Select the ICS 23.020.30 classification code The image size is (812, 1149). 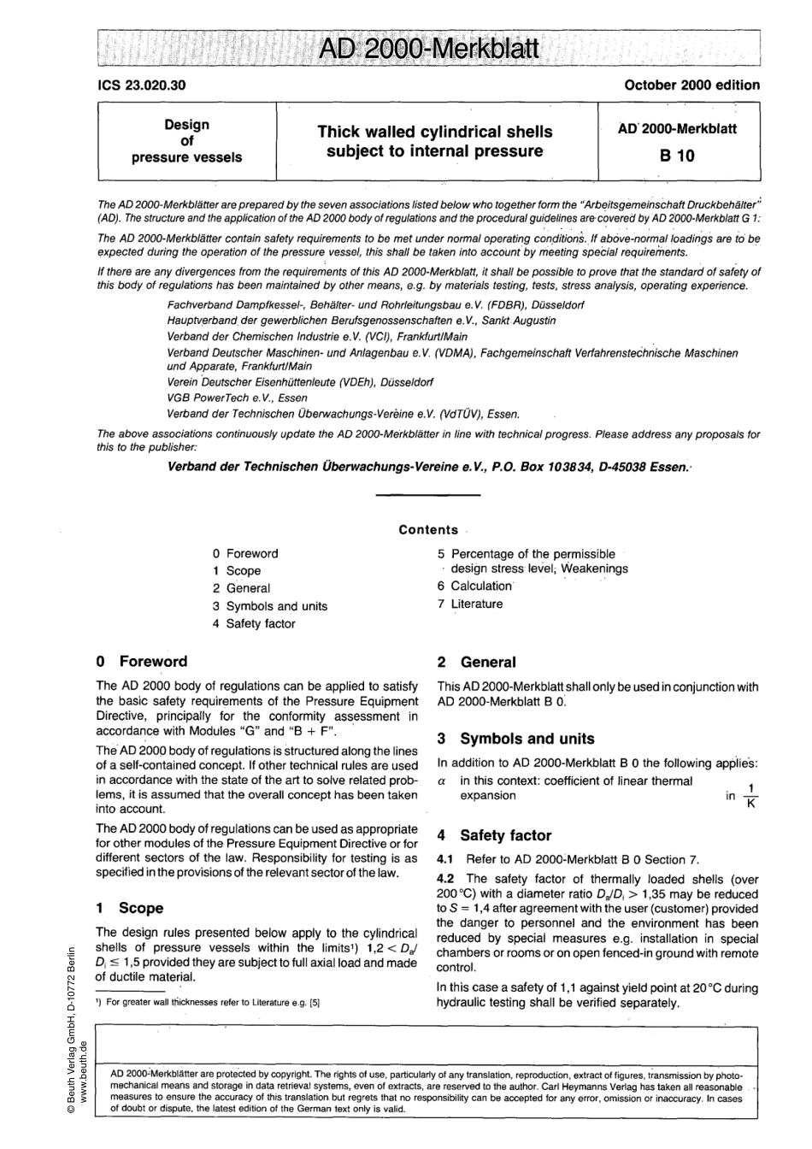(x=141, y=85)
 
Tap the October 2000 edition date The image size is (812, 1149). (x=691, y=85)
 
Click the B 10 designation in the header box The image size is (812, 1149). (x=676, y=156)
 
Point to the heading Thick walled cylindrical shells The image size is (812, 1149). (x=434, y=132)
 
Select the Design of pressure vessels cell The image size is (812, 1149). (x=186, y=141)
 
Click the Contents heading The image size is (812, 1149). (x=428, y=530)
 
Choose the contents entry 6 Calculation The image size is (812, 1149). (x=474, y=586)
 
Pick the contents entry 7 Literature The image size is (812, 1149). (x=470, y=604)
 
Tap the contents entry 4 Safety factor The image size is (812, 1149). (x=254, y=624)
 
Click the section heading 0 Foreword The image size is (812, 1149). (x=142, y=662)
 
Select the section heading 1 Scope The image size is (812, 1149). (x=130, y=908)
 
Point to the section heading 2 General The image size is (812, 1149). (x=476, y=663)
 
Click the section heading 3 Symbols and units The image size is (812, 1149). (x=515, y=739)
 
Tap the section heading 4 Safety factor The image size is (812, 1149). (x=494, y=835)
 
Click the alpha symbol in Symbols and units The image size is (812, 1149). (x=442, y=781)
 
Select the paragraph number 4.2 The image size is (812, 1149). (x=447, y=879)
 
